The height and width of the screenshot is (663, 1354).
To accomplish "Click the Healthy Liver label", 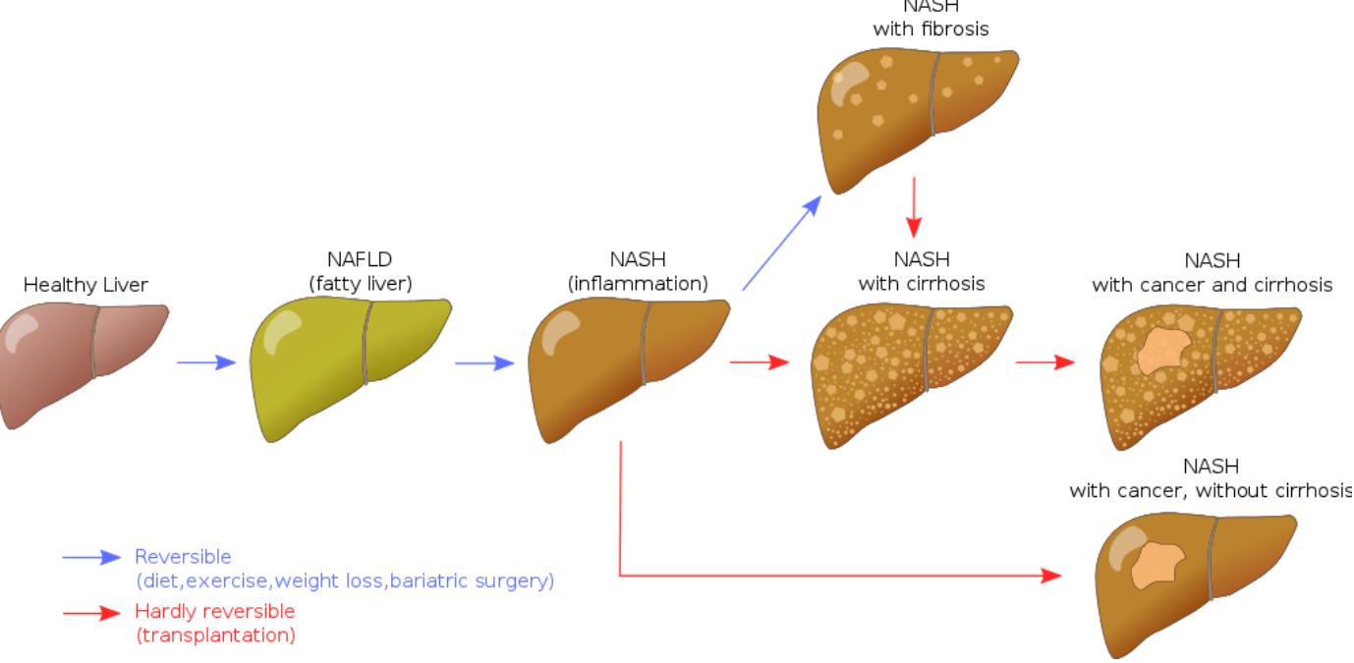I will point(85,285).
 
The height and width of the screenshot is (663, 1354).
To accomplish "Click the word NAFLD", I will point(359,260).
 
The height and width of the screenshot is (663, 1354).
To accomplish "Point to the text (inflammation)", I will point(638,284).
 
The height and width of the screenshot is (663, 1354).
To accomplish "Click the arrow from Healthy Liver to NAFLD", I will point(206,362).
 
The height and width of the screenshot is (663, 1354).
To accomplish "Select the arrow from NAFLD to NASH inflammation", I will point(484,362).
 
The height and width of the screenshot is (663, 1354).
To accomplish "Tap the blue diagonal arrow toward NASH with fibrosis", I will point(782,242).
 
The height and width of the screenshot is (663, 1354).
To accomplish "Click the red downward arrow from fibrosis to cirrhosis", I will point(915,207).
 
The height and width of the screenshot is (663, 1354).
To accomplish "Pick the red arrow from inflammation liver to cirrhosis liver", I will point(760,362).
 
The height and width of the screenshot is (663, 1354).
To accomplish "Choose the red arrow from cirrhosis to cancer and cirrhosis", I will point(1045,362).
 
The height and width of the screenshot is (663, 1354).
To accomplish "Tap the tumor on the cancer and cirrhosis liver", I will point(1164,350).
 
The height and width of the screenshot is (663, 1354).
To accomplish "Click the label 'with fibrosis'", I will point(931,29).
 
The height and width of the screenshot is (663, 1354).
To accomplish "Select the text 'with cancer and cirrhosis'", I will point(1212,285).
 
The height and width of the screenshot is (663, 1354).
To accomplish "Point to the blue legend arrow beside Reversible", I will point(91,557).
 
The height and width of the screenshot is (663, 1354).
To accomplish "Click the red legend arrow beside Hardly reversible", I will point(91,613).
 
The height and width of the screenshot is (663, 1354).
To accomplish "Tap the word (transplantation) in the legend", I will point(215,635).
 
